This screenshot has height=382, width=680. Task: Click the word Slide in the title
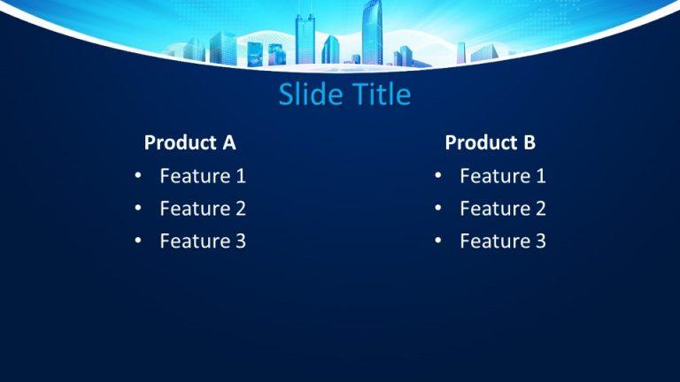click(x=310, y=94)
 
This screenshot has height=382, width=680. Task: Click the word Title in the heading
click(x=382, y=94)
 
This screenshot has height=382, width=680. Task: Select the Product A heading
click(x=190, y=142)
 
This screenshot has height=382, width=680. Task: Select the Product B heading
click(x=490, y=142)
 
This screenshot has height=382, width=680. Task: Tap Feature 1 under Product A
click(x=203, y=176)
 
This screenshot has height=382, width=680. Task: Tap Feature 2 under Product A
click(x=203, y=209)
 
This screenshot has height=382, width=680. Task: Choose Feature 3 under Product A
click(x=203, y=241)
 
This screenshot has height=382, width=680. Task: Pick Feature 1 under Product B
click(x=503, y=176)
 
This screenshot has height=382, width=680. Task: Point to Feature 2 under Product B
click(x=503, y=209)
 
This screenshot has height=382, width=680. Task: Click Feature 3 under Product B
click(x=503, y=241)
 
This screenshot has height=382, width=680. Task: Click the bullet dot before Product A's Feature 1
click(x=138, y=175)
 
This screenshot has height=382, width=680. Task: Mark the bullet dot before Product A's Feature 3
click(x=138, y=241)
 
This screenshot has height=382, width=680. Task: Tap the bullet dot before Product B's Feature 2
click(x=438, y=208)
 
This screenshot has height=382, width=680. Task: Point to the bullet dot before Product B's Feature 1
click(x=438, y=175)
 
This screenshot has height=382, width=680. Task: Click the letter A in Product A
click(x=229, y=142)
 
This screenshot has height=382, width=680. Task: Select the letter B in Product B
click(x=529, y=142)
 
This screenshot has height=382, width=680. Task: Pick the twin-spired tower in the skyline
click(x=305, y=38)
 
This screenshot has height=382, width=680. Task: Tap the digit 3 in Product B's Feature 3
click(x=540, y=241)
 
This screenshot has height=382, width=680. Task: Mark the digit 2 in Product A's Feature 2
click(x=240, y=209)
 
